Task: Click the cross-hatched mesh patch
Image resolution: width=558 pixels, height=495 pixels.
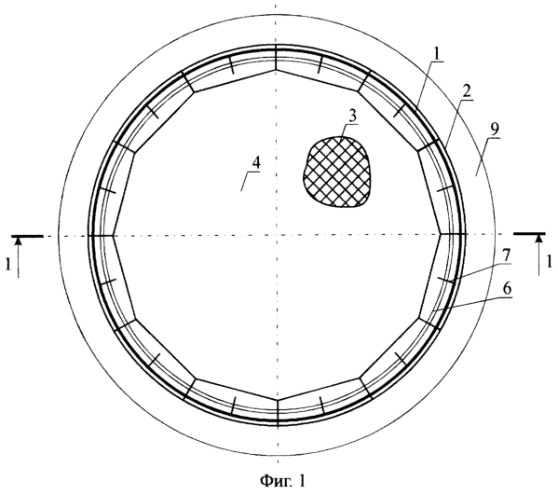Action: tap(336, 172)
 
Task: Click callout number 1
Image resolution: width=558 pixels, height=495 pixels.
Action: tap(436, 54)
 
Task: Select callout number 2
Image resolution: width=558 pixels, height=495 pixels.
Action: tap(467, 92)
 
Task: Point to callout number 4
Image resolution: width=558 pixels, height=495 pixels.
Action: tap(255, 164)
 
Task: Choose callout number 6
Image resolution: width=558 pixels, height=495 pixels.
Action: tap(507, 289)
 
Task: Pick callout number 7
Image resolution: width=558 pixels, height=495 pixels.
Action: tap(507, 255)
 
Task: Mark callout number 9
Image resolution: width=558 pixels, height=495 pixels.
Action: tap(495, 130)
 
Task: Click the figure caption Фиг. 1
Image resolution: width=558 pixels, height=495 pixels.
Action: tap(282, 481)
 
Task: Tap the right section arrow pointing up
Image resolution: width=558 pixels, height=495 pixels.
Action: tap(539, 255)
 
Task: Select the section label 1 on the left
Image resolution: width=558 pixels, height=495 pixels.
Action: tap(7, 265)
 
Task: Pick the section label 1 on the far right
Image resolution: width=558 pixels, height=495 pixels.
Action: tap(550, 263)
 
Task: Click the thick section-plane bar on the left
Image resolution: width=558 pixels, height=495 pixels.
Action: tap(27, 236)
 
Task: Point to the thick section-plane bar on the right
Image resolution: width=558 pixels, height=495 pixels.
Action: tap(529, 234)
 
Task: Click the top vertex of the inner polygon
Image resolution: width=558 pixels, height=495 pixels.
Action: tap(276, 70)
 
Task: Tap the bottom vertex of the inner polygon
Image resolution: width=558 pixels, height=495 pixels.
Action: tap(278, 400)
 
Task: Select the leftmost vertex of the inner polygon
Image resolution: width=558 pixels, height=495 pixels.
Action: tap(113, 236)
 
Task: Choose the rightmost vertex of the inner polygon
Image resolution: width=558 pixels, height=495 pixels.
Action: tap(441, 234)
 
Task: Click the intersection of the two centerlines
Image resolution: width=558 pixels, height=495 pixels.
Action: tap(277, 235)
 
